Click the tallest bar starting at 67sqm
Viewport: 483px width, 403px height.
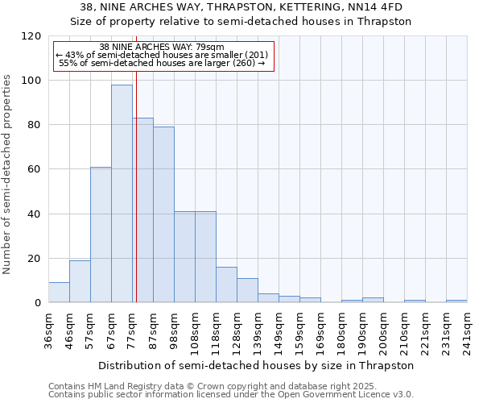[122, 193]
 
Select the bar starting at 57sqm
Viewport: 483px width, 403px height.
[101, 235]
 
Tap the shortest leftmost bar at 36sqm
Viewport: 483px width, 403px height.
[59, 293]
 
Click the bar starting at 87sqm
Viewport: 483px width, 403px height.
[163, 214]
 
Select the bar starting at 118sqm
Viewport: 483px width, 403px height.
[226, 285]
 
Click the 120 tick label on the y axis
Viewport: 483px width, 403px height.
[31, 36]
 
